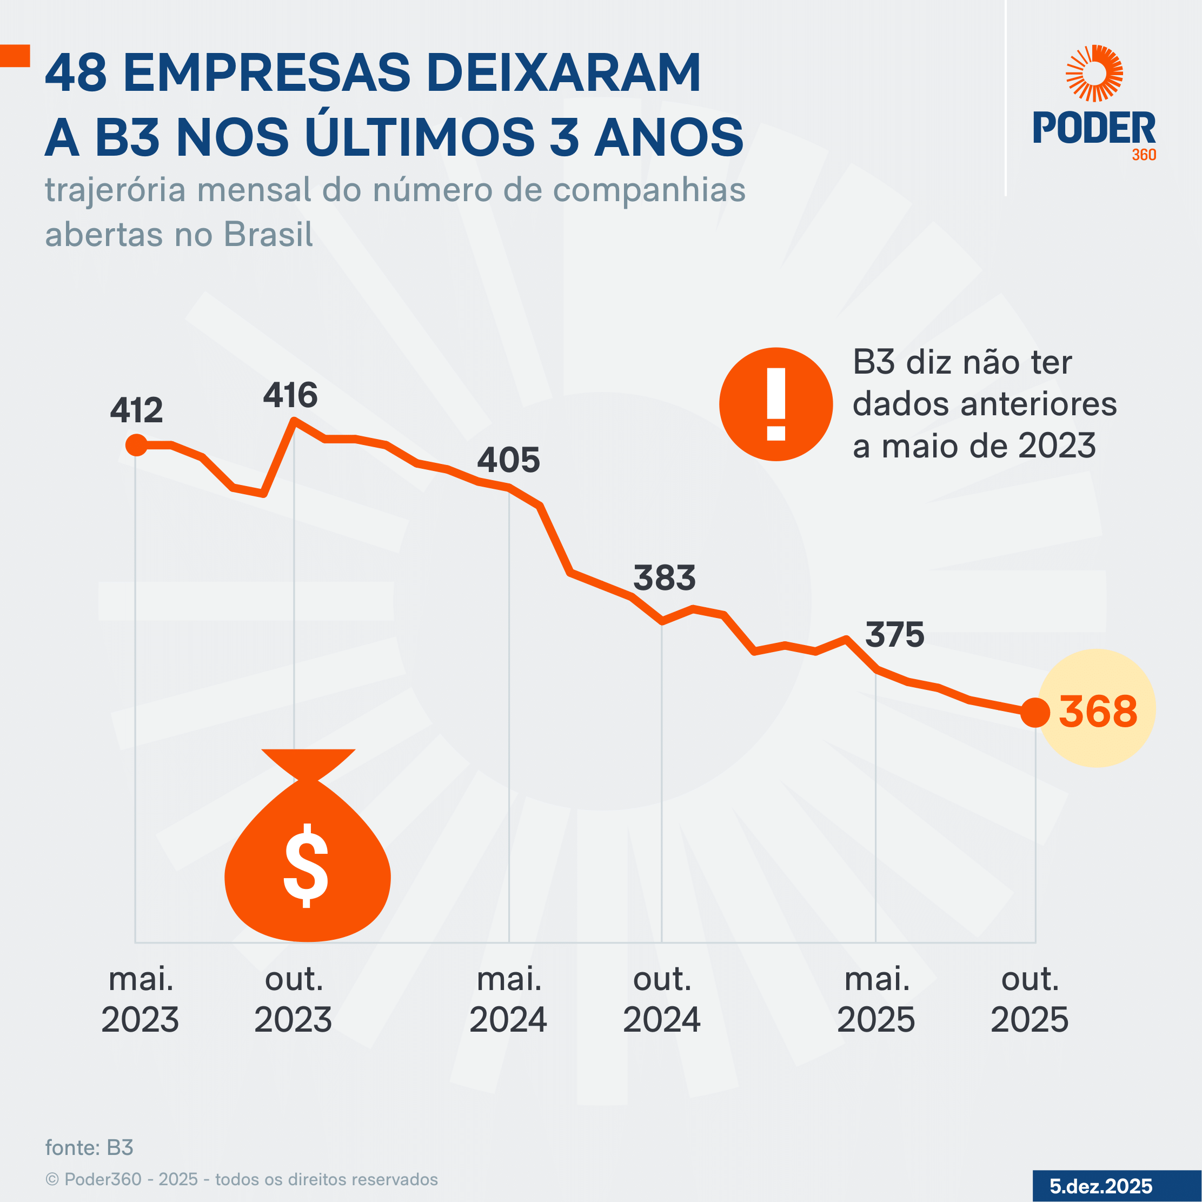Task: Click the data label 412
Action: click(136, 410)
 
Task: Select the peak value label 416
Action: click(290, 396)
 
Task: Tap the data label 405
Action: click(508, 460)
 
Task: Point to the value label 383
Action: click(664, 578)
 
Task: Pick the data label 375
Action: click(895, 635)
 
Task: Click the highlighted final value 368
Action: click(1098, 711)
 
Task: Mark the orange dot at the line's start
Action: click(136, 445)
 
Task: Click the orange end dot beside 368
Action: click(1035, 712)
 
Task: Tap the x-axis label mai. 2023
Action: click(140, 1000)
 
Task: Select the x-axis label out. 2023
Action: click(293, 1000)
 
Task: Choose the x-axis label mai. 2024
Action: click(508, 1000)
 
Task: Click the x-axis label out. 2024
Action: click(661, 1000)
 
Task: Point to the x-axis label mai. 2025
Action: click(876, 1000)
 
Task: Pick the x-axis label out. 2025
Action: click(1030, 1000)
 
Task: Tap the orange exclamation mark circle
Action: click(776, 404)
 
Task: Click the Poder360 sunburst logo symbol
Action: click(1094, 73)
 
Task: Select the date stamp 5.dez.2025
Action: click(1101, 1186)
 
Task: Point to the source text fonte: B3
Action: click(90, 1148)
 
